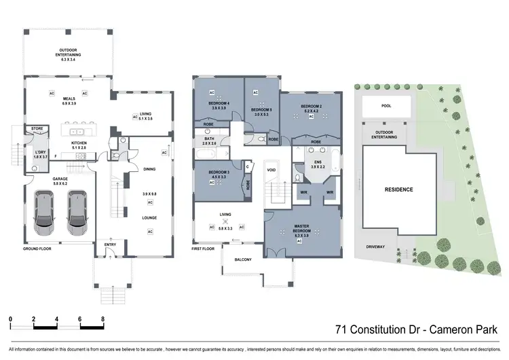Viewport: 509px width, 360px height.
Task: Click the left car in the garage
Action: click(x=45, y=210)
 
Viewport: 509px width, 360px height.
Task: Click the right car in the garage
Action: click(x=76, y=210)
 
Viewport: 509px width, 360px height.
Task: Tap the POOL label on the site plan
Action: click(x=386, y=107)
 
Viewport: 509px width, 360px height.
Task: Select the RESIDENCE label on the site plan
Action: click(x=398, y=190)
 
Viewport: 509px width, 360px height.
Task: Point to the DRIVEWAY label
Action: click(x=375, y=247)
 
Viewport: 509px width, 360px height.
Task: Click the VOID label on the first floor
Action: click(x=271, y=170)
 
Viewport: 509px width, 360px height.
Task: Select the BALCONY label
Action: click(x=244, y=259)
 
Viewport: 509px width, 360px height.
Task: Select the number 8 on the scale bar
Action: click(x=102, y=319)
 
